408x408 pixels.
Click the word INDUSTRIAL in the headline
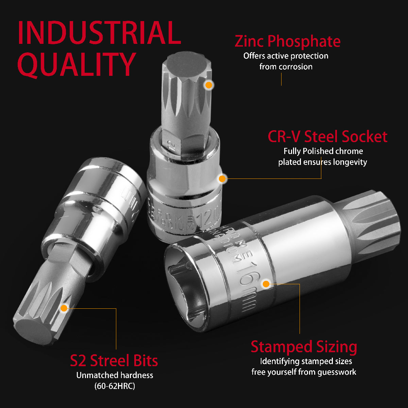click(x=99, y=33)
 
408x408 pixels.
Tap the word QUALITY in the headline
click(x=77, y=65)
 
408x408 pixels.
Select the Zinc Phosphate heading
click(x=287, y=41)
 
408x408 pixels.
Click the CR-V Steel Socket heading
click(x=327, y=136)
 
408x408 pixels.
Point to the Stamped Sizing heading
click(x=304, y=347)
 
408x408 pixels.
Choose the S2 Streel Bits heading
click(x=114, y=361)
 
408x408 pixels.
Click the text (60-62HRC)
click(x=115, y=386)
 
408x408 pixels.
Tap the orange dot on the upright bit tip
click(x=209, y=85)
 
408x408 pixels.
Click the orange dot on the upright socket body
click(x=222, y=178)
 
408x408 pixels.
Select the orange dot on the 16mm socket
click(x=266, y=284)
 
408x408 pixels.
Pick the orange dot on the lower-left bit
click(x=64, y=308)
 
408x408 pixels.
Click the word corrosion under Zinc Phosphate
click(x=295, y=67)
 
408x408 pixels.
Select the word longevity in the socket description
click(x=350, y=162)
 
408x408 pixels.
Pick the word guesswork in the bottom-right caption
click(x=337, y=372)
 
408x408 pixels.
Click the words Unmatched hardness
click(x=115, y=375)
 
